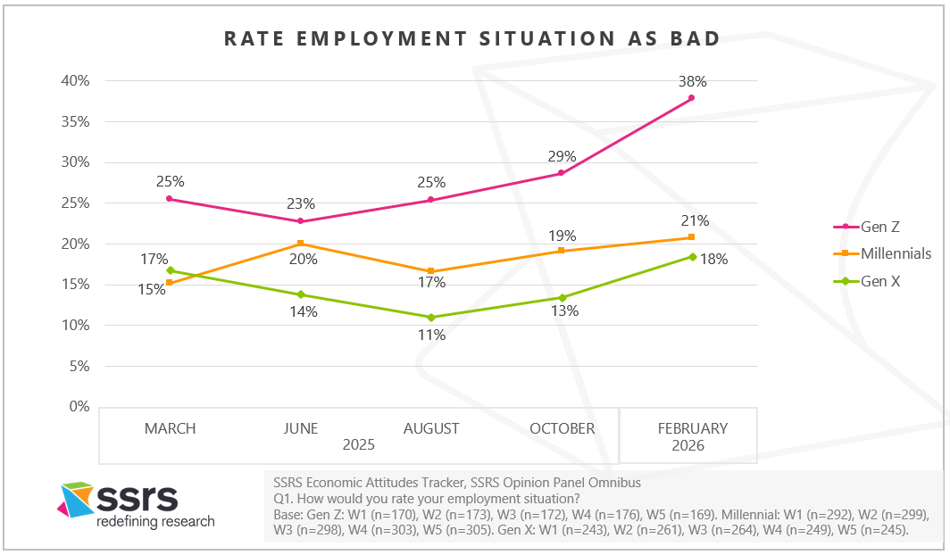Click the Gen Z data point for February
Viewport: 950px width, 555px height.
pos(692,98)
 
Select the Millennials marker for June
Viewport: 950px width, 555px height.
pos(300,244)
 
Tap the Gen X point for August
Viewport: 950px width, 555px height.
pos(431,318)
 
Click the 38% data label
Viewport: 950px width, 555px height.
pos(692,81)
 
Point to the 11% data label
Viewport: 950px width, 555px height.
pos(431,335)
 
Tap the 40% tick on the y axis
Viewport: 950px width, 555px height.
pos(75,81)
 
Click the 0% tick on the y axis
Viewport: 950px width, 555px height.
pos(79,407)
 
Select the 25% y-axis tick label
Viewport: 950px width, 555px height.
pos(75,203)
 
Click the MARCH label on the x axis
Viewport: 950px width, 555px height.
pos(170,428)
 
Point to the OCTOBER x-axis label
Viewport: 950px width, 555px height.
pos(562,428)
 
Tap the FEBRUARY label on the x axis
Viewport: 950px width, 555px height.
pos(692,428)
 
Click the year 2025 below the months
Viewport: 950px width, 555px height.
pos(357,444)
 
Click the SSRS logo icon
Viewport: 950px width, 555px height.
pos(75,499)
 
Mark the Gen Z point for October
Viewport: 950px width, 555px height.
pos(562,173)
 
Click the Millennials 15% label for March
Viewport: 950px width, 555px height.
pos(156,290)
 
